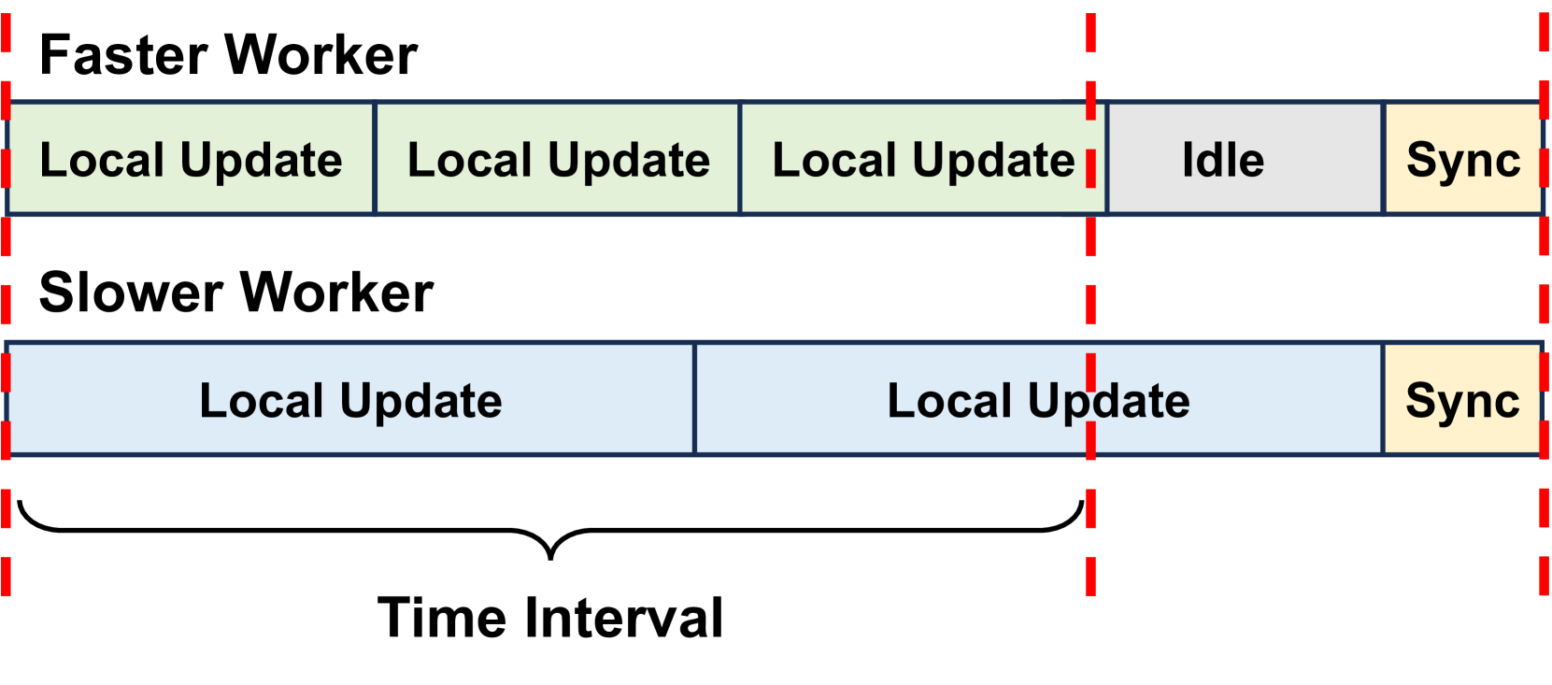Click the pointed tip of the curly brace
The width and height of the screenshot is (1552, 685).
pyautogui.click(x=550, y=557)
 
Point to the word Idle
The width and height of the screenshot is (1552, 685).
pyautogui.click(x=1222, y=160)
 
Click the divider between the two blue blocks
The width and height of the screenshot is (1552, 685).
pyautogui.click(x=694, y=399)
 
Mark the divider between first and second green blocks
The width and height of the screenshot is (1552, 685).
pyautogui.click(x=375, y=159)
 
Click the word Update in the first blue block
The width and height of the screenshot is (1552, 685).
pyautogui.click(x=420, y=402)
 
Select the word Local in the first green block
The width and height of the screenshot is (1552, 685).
pyautogui.click(x=102, y=160)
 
